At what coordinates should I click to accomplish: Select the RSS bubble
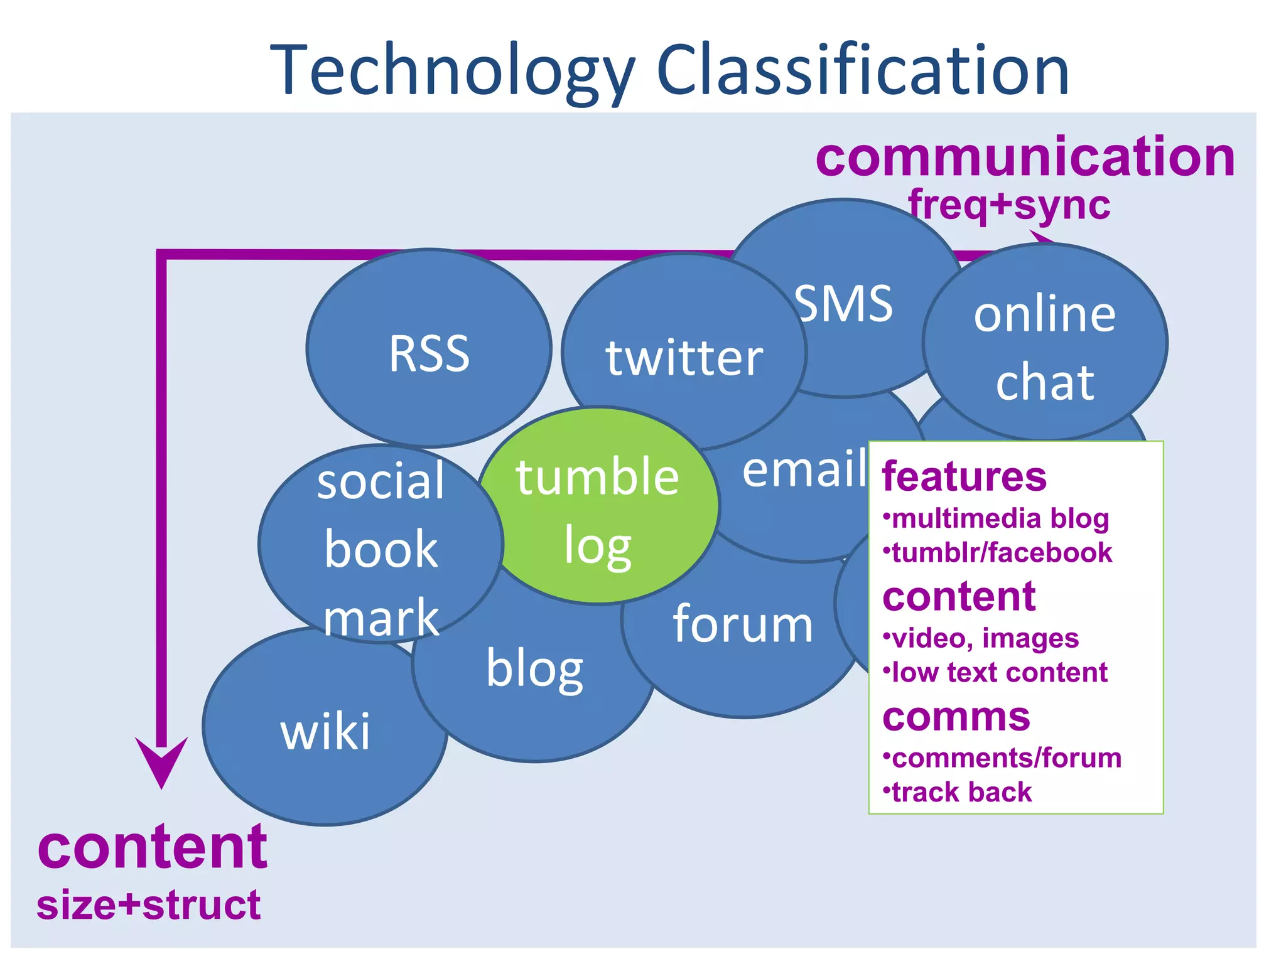pyautogui.click(x=429, y=353)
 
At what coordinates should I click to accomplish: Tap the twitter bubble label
pyautogui.click(x=684, y=357)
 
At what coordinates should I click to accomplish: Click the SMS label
pyautogui.click(x=843, y=303)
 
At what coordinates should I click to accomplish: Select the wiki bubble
pyautogui.click(x=325, y=731)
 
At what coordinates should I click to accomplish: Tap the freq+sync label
pyautogui.click(x=1009, y=205)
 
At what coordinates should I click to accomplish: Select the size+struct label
pyautogui.click(x=148, y=904)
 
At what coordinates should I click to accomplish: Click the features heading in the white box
pyautogui.click(x=964, y=476)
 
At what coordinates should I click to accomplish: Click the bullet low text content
pyautogui.click(x=998, y=672)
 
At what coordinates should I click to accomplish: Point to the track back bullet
pyautogui.click(x=961, y=792)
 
